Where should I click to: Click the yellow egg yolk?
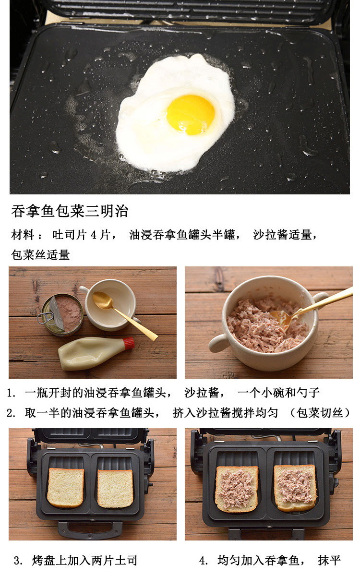[x=191, y=115]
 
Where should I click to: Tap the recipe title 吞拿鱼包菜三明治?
[x=70, y=211]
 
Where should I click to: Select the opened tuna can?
[x=62, y=315]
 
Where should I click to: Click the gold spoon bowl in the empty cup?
[x=103, y=300]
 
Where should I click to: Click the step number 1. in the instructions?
[x=12, y=393]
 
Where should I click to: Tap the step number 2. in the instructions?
[x=12, y=413]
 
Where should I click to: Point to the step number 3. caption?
[x=19, y=561]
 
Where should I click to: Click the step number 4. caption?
[x=204, y=561]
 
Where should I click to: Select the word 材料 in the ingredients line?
[x=23, y=235]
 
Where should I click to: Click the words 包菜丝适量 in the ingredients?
[x=41, y=255]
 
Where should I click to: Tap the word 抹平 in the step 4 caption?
[x=329, y=561]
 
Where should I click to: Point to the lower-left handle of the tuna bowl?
[x=220, y=343]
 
